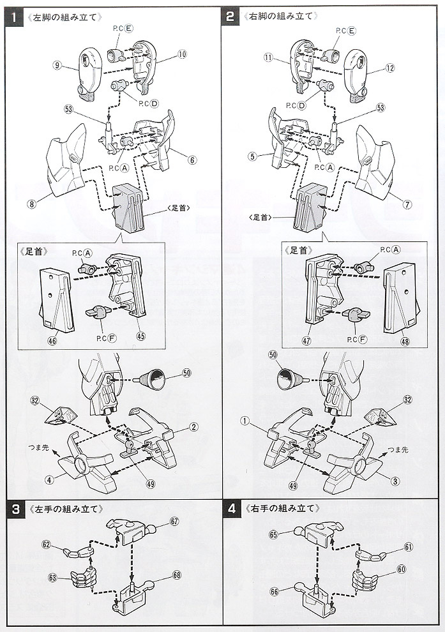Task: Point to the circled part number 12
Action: click(x=390, y=67)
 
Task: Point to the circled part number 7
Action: click(x=407, y=204)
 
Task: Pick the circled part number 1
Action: click(x=243, y=421)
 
